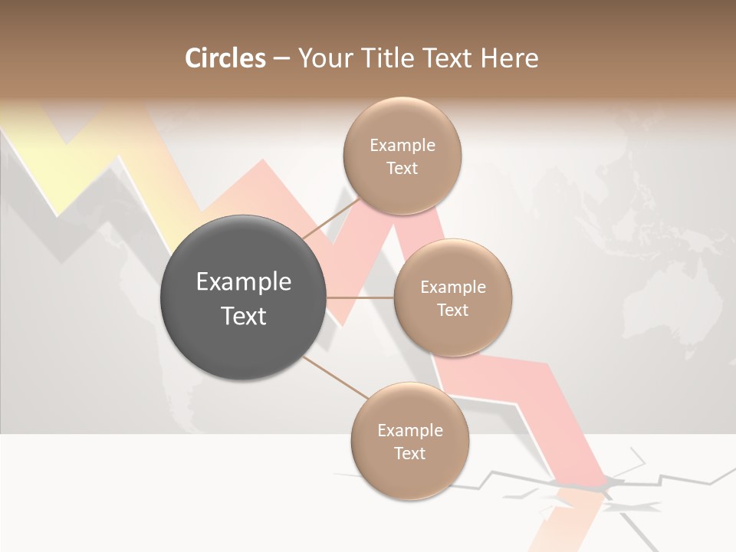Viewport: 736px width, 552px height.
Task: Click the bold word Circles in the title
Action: pyautogui.click(x=225, y=58)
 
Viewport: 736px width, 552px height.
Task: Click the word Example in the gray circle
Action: pyautogui.click(x=244, y=282)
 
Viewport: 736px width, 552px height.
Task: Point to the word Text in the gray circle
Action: pyautogui.click(x=244, y=316)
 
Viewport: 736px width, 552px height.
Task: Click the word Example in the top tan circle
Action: pyautogui.click(x=402, y=145)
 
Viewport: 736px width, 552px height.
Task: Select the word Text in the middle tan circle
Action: pyautogui.click(x=452, y=310)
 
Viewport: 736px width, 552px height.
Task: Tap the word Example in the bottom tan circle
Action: pyautogui.click(x=410, y=430)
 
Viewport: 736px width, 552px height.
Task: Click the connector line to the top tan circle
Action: pyautogui.click(x=330, y=218)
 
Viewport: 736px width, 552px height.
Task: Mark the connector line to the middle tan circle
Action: pyautogui.click(x=360, y=297)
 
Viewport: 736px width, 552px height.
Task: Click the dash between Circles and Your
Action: pyautogui.click(x=281, y=59)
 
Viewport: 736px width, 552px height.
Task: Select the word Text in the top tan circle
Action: pyautogui.click(x=402, y=168)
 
